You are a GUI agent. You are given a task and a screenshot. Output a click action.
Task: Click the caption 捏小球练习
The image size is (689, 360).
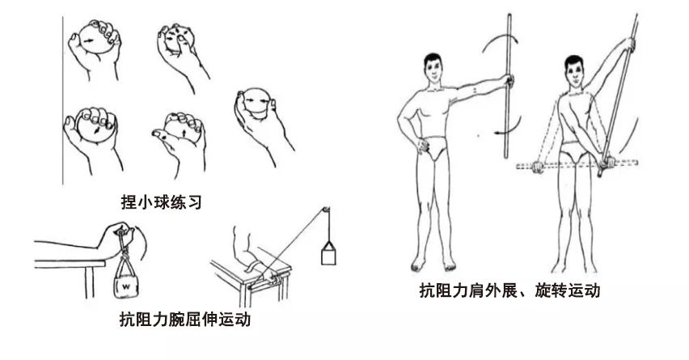point(161,202)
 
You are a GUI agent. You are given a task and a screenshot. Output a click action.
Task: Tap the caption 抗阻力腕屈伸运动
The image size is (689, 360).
point(185,319)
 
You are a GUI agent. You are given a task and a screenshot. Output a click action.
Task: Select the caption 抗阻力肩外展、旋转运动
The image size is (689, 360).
point(509,290)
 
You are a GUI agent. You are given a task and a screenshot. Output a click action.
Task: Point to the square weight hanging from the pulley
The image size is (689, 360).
point(328,257)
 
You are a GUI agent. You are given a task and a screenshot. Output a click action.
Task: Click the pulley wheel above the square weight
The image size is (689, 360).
point(326,210)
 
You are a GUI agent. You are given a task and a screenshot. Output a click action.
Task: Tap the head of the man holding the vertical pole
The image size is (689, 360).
point(433,67)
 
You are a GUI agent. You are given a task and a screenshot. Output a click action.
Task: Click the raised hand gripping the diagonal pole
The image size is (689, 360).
point(629,44)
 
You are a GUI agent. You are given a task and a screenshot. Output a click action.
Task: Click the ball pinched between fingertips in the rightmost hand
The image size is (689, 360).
point(256,104)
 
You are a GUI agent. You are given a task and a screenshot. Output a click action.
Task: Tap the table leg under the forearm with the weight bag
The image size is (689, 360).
point(89,282)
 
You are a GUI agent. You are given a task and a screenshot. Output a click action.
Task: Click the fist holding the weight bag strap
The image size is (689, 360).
point(117,236)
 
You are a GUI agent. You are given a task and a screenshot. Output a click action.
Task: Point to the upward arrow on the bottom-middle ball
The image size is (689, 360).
point(184,132)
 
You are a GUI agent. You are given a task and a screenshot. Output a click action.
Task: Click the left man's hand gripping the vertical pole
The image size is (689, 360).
point(509,81)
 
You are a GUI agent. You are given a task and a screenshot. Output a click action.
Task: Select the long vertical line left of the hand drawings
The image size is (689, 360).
point(63,100)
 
